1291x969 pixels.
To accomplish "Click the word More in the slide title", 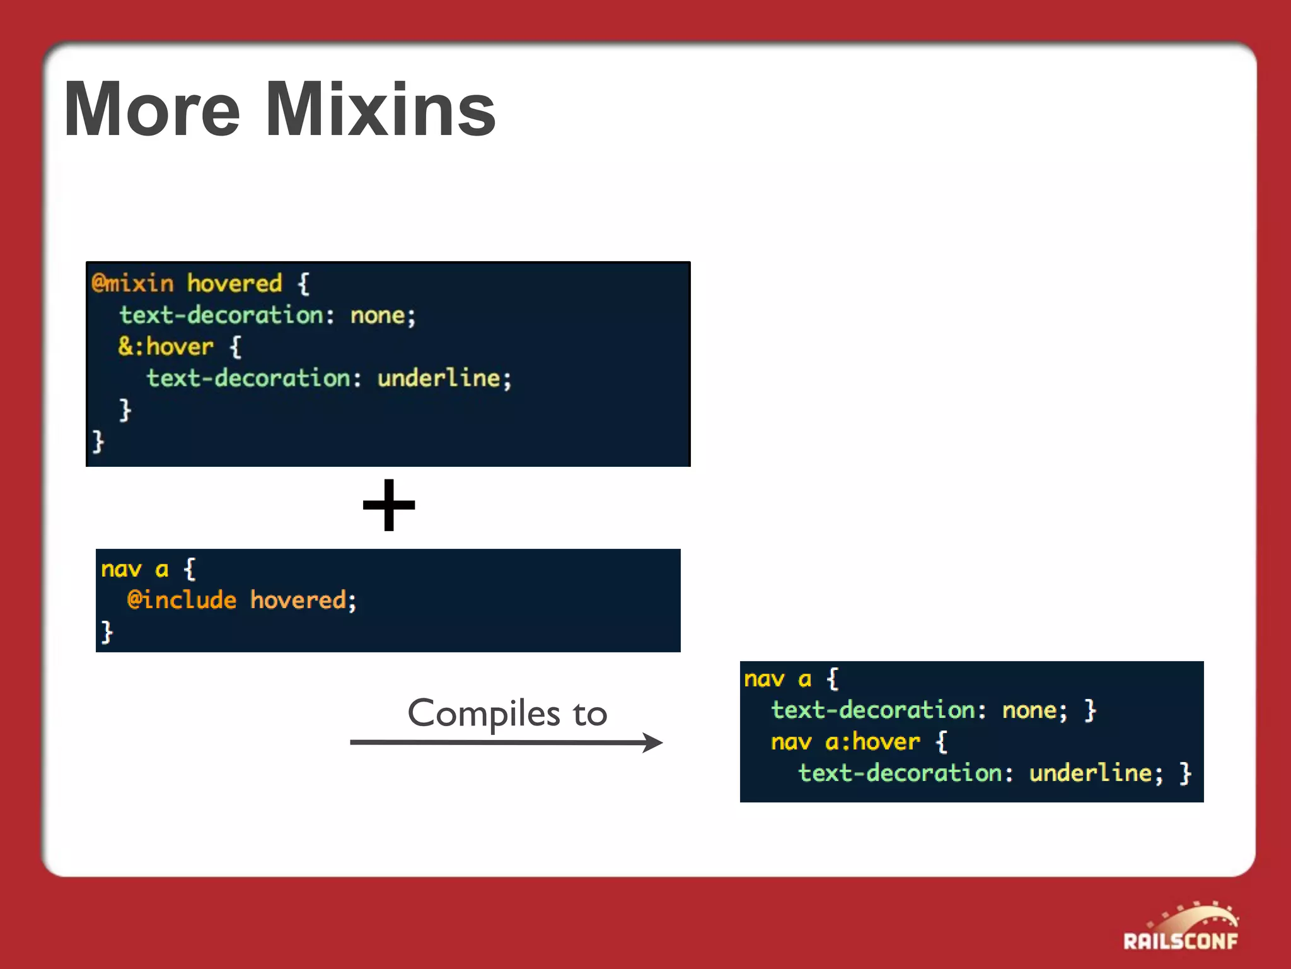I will pyautogui.click(x=152, y=110).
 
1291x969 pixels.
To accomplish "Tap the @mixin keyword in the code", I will pyautogui.click(x=132, y=284).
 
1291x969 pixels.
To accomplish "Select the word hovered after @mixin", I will pyautogui.click(x=234, y=284).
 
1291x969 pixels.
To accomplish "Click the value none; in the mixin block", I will pyautogui.click(x=383, y=315).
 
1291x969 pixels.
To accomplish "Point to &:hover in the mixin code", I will pyautogui.click(x=166, y=347).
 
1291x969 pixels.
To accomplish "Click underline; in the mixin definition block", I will pyautogui.click(x=444, y=379).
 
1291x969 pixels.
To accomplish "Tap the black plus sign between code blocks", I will pyautogui.click(x=389, y=505).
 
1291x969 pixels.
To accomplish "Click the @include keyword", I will pyautogui.click(x=182, y=600).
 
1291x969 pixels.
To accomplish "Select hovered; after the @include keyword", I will pyautogui.click(x=303, y=600).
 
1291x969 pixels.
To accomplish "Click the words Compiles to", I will pyautogui.click(x=507, y=714).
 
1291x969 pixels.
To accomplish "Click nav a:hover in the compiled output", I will pyautogui.click(x=845, y=742).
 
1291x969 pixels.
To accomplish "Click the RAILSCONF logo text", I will pyautogui.click(x=1180, y=941).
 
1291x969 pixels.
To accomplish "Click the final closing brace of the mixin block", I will pyautogui.click(x=98, y=441).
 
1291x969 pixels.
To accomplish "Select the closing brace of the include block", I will pyautogui.click(x=107, y=631).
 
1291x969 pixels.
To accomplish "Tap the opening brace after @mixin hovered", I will pyautogui.click(x=303, y=284).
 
